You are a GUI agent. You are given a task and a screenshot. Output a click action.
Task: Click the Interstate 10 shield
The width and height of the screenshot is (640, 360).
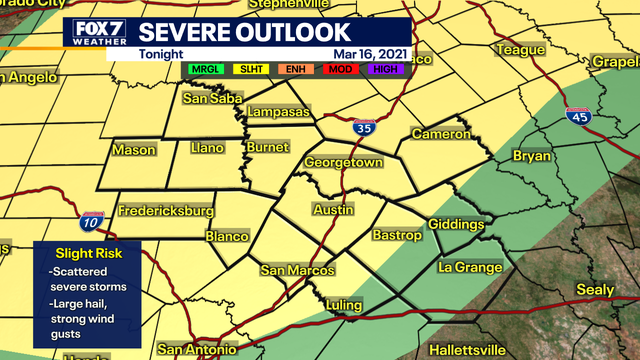93,222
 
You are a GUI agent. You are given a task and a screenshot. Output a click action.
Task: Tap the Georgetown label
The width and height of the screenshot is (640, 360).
344,161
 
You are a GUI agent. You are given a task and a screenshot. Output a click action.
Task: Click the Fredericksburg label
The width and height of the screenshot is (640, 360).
166,212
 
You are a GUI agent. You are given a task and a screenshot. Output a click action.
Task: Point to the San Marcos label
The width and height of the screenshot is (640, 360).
298,271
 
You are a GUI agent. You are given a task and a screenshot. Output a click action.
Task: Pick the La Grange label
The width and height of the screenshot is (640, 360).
467,268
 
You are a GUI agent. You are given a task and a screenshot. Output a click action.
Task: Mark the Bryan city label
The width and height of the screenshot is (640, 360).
531,157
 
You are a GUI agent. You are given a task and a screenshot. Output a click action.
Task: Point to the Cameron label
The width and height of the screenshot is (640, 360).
440,134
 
